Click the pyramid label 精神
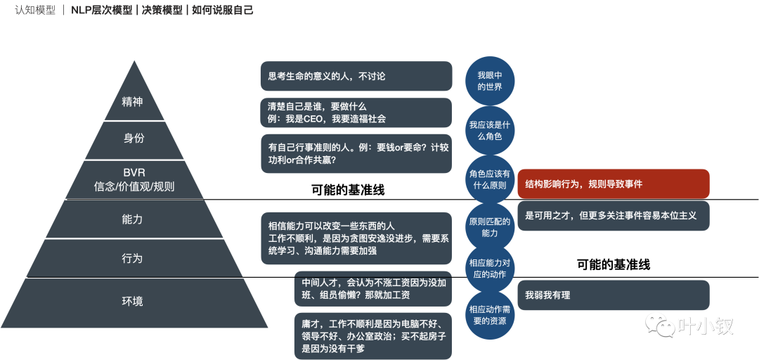(x=132, y=101)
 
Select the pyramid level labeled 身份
(x=134, y=139)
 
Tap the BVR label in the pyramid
(x=134, y=173)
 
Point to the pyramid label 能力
(x=132, y=219)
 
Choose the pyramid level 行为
(x=132, y=258)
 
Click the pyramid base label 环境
(x=132, y=301)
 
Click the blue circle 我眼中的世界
(x=490, y=81)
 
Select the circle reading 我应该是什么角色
(x=490, y=130)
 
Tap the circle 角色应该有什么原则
(x=490, y=179)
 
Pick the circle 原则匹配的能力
(x=490, y=227)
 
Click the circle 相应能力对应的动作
(x=490, y=269)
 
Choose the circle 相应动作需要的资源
(x=490, y=314)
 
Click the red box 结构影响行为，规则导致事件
(x=613, y=184)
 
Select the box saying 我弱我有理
(x=613, y=295)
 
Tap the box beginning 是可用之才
(x=613, y=216)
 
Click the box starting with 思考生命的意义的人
(x=356, y=76)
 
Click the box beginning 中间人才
(x=372, y=288)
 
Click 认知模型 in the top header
(x=35, y=10)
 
